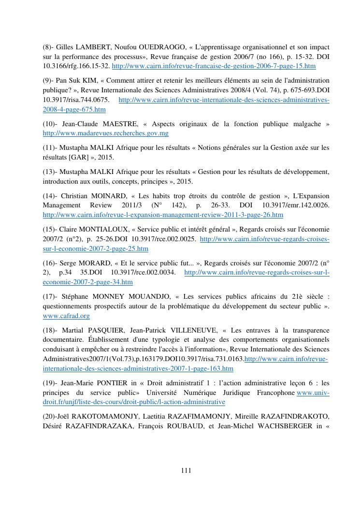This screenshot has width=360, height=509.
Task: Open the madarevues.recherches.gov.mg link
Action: (x=105, y=133)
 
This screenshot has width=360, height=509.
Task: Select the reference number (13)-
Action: (x=51, y=172)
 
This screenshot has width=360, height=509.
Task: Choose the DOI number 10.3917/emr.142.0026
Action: (x=296, y=205)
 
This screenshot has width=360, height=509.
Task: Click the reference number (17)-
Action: (x=51, y=297)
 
